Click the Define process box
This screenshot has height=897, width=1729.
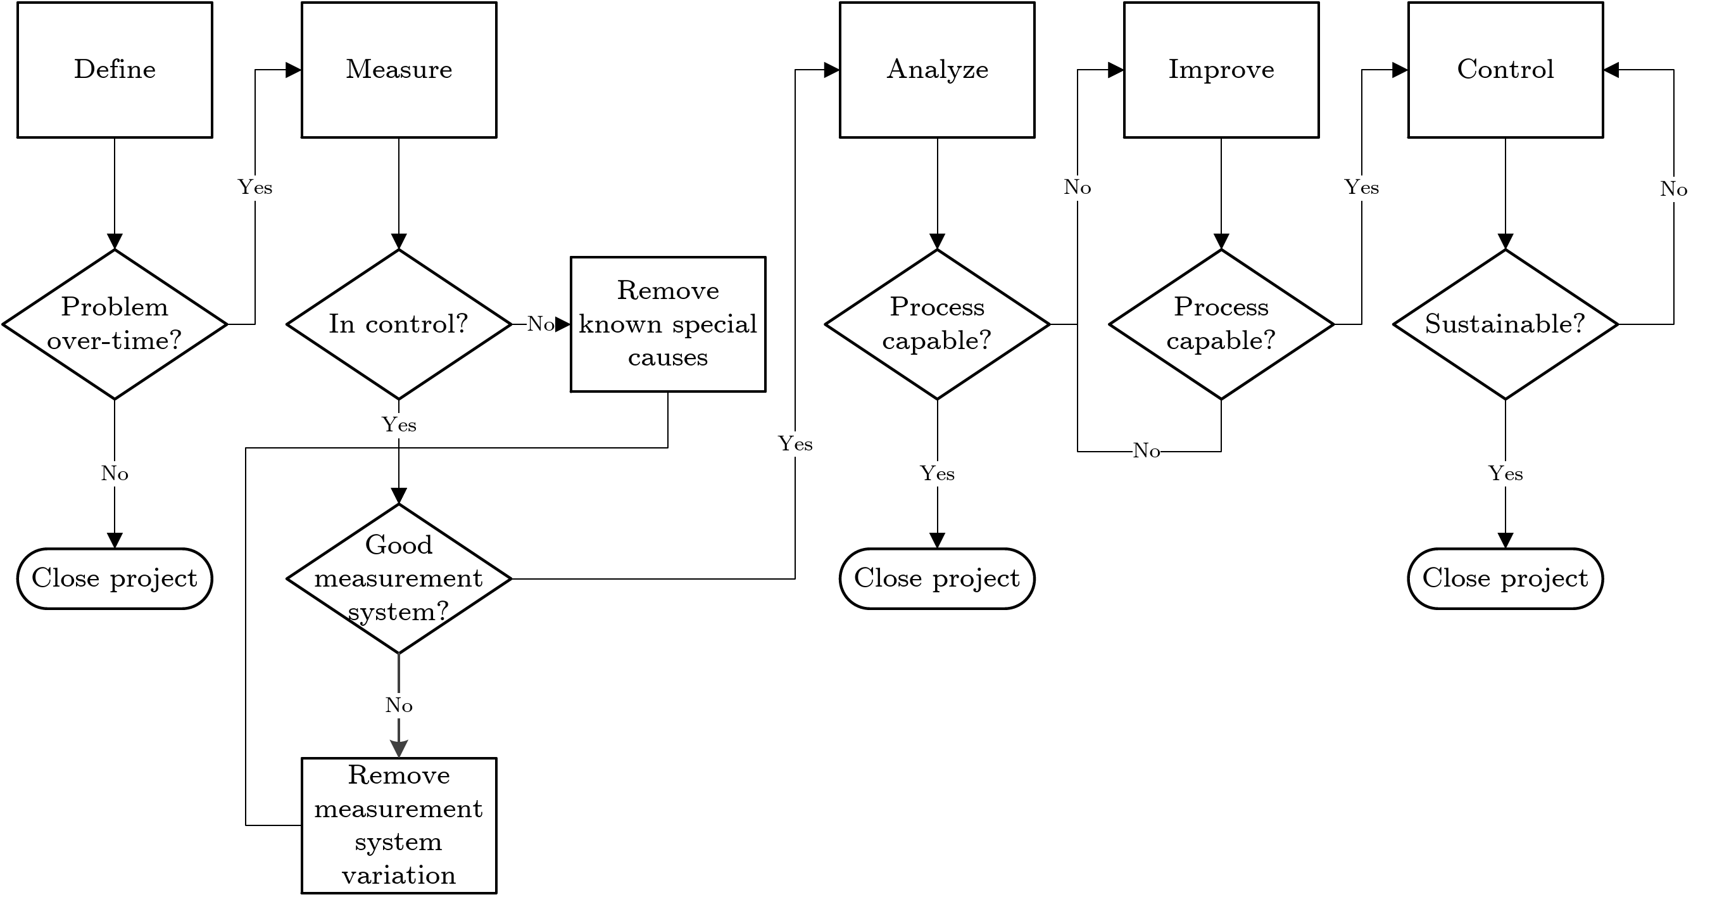pyautogui.click(x=115, y=70)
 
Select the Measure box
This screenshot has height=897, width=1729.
pyautogui.click(x=399, y=70)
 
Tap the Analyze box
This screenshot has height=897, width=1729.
pyautogui.click(x=937, y=70)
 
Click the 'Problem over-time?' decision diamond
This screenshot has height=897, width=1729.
pyautogui.click(x=115, y=324)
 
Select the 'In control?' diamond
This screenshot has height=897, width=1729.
pyautogui.click(x=399, y=324)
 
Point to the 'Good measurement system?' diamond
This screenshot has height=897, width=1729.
pyautogui.click(x=399, y=578)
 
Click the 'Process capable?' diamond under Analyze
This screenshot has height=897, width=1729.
pyautogui.click(x=937, y=324)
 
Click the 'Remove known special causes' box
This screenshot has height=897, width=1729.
pyautogui.click(x=668, y=324)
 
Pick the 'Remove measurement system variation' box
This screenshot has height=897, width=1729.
pyautogui.click(x=399, y=825)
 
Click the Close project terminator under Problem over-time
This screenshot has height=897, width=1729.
pyautogui.click(x=115, y=578)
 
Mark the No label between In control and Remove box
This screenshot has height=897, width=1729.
pyautogui.click(x=540, y=324)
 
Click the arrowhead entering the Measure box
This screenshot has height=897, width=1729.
pyautogui.click(x=294, y=70)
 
